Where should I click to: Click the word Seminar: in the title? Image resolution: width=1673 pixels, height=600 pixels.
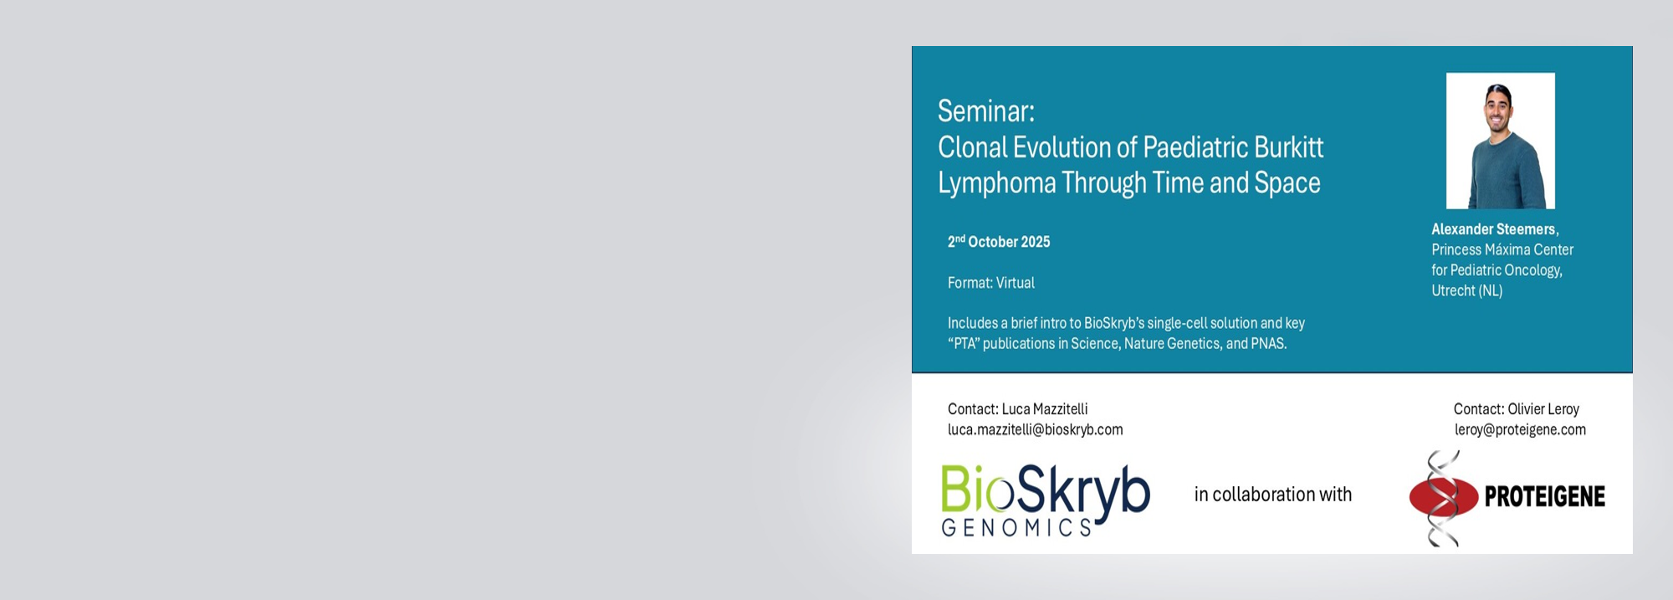click(x=985, y=111)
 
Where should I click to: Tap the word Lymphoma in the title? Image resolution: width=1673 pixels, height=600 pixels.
click(x=996, y=183)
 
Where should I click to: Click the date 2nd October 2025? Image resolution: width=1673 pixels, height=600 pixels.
click(x=999, y=242)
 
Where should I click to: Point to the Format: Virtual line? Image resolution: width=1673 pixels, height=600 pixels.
click(x=991, y=283)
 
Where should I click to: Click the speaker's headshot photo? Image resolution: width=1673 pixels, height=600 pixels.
click(x=1501, y=141)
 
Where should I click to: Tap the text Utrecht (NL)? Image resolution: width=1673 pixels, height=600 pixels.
click(x=1467, y=291)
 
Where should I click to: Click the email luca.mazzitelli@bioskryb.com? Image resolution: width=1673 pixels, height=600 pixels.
click(x=1036, y=429)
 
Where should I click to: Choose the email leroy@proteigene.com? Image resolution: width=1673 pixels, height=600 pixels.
click(x=1520, y=429)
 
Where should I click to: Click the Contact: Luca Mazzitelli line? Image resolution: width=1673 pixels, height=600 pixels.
click(x=1017, y=409)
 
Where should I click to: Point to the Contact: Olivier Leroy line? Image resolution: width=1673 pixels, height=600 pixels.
click(x=1517, y=409)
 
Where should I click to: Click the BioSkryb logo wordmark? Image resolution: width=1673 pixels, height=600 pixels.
click(x=1046, y=490)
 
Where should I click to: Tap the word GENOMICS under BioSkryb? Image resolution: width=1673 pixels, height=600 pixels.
click(x=1016, y=527)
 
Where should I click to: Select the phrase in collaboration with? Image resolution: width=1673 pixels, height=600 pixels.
click(x=1273, y=495)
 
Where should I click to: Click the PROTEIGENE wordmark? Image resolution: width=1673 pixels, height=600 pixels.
click(x=1545, y=497)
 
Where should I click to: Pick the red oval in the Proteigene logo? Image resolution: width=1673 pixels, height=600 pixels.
click(x=1443, y=497)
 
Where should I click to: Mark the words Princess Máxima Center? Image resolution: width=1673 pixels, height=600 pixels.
click(x=1502, y=250)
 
